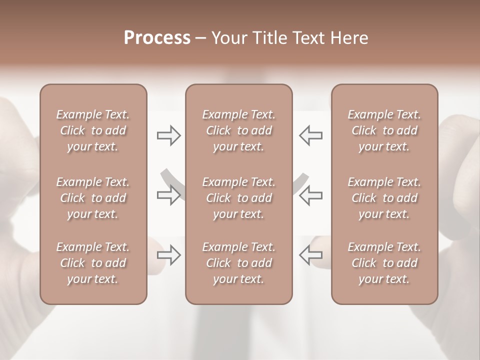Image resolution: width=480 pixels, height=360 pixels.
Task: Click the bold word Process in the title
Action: coord(157,38)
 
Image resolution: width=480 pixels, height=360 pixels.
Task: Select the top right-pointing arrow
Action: coord(169,135)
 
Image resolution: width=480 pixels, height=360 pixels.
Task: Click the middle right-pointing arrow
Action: coord(169,195)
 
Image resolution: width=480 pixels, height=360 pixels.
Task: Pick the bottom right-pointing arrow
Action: coord(169,255)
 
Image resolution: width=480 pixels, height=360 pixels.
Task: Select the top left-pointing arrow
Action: coord(310,135)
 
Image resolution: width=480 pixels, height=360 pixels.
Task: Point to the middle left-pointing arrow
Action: coord(310,195)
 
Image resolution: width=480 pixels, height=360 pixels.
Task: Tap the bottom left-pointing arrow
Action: coord(310,255)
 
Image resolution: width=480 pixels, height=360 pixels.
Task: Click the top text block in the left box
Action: coord(93,130)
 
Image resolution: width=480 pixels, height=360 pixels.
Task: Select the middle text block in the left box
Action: coord(93,198)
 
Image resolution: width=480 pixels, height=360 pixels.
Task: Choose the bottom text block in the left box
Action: coord(93,263)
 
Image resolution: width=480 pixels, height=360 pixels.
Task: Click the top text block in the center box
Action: coord(238,130)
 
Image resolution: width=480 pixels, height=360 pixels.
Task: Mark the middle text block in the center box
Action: coord(238,198)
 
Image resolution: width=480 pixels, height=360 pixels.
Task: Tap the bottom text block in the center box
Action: coord(238,263)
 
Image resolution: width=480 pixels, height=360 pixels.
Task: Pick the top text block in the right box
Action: coord(384,130)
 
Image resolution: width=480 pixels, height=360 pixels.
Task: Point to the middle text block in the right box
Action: coord(384,198)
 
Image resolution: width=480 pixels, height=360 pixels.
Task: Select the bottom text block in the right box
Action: coord(384,263)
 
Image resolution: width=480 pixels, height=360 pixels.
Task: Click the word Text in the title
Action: coord(308,38)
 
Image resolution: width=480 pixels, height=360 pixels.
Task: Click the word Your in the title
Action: coord(228,38)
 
